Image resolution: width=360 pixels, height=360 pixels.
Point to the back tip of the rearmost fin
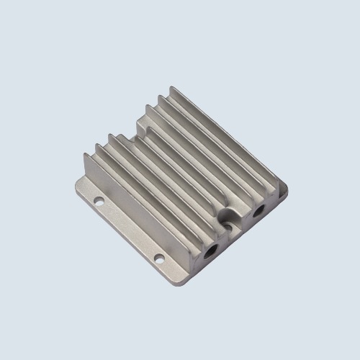pos(173,90)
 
